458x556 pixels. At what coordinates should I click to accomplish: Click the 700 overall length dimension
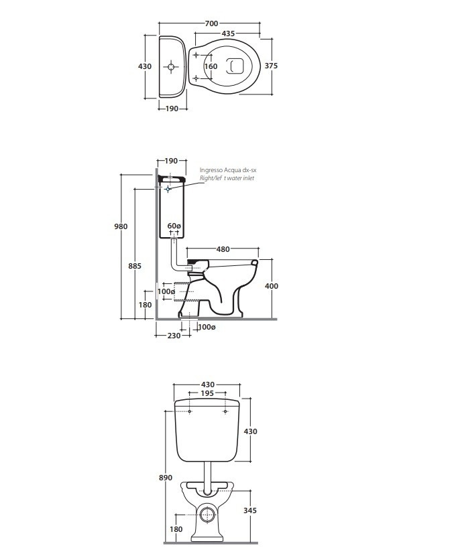click(x=211, y=23)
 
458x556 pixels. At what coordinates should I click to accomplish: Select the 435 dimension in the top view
click(x=228, y=33)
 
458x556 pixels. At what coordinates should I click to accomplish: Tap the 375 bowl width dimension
click(x=272, y=66)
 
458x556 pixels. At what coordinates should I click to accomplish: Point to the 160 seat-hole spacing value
click(x=211, y=66)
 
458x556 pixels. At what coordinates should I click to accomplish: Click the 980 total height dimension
click(x=121, y=226)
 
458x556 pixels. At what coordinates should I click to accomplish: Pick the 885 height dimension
click(x=135, y=266)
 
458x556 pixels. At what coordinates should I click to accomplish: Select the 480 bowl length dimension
click(x=223, y=249)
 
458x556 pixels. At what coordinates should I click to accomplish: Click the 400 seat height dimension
click(x=272, y=286)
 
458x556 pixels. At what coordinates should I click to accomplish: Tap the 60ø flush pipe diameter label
click(x=174, y=226)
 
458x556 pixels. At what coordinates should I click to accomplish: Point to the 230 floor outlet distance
click(x=174, y=336)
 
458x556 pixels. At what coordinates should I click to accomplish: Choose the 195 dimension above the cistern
click(x=207, y=393)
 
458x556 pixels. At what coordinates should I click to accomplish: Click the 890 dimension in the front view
click(x=166, y=478)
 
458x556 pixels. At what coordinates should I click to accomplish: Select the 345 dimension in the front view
click(x=250, y=510)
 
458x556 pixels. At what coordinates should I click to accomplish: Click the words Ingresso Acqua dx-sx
click(x=228, y=170)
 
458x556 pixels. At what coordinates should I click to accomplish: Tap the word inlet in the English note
click(x=248, y=178)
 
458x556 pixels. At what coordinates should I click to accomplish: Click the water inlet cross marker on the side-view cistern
click(x=168, y=189)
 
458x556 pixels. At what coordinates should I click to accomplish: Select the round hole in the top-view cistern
click(x=171, y=66)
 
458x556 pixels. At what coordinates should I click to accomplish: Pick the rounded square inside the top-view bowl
click(x=235, y=66)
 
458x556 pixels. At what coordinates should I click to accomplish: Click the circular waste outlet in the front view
click(x=207, y=515)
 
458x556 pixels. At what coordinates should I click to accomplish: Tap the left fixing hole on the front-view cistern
click(x=190, y=411)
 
